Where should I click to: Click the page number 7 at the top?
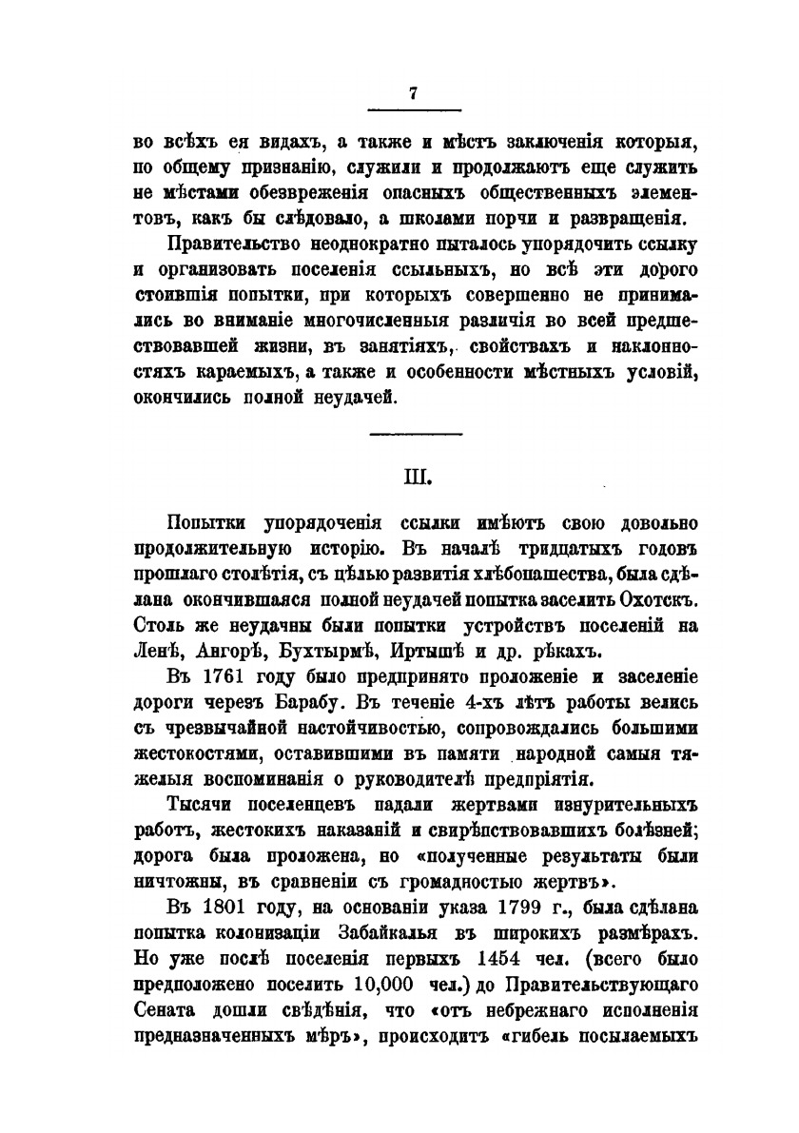point(413,92)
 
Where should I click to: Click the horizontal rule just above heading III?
point(413,436)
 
